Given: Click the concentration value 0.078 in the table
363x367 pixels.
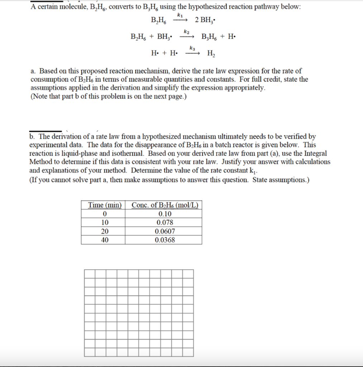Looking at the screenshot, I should [x=165, y=223].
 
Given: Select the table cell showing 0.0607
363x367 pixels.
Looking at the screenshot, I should [x=165, y=232].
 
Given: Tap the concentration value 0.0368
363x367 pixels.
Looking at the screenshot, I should [x=165, y=240].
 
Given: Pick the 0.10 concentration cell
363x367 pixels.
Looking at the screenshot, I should [x=165, y=214].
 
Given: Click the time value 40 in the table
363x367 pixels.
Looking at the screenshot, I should [x=105, y=240].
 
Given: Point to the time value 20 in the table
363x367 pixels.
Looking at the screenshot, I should [x=105, y=232].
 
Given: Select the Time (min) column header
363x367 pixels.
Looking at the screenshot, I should [x=105, y=205].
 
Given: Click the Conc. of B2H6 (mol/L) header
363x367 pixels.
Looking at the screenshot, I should [x=165, y=205].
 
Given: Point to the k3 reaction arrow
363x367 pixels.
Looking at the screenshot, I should [x=192, y=53].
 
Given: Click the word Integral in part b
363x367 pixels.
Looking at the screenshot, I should [x=316, y=153].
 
